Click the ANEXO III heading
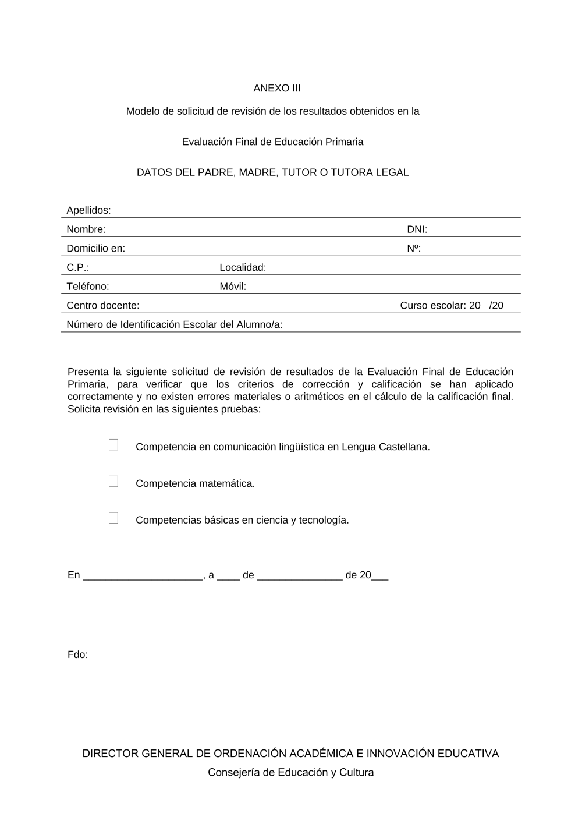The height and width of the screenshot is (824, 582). click(x=277, y=89)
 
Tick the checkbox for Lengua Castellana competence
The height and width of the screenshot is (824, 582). click(x=113, y=445)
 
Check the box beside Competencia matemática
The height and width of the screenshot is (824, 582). click(x=113, y=482)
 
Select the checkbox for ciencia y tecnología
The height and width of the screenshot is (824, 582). click(x=113, y=518)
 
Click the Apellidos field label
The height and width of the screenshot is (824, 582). click(x=88, y=210)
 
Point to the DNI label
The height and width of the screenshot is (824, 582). click(x=417, y=229)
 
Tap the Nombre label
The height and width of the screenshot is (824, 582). click(x=86, y=229)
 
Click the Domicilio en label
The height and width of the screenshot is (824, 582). click(x=95, y=249)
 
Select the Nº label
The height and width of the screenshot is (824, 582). click(x=414, y=249)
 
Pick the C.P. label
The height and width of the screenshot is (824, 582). click(x=77, y=268)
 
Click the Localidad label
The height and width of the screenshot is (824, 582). click(x=243, y=268)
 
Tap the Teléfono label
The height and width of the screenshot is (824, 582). click(x=88, y=287)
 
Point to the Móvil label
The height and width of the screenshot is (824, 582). click(x=233, y=287)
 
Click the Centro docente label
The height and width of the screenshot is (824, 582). click(x=103, y=306)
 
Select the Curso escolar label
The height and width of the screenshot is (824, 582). click(x=433, y=306)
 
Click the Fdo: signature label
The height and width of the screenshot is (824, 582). click(x=77, y=655)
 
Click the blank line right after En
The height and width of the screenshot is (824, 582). click(x=143, y=575)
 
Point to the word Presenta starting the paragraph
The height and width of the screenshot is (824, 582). click(x=88, y=372)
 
